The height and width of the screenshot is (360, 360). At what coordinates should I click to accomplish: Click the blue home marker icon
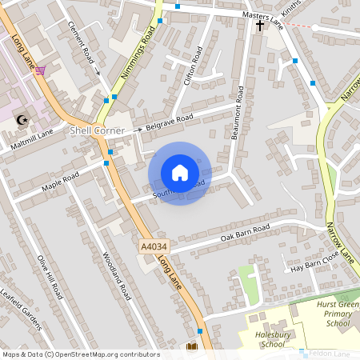180,173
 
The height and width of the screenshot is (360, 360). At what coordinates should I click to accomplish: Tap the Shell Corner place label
98,130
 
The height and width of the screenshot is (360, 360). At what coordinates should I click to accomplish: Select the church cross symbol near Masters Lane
259,25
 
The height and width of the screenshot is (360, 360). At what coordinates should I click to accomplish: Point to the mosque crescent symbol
22,120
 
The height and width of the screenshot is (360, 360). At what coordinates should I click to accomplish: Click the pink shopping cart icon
40,70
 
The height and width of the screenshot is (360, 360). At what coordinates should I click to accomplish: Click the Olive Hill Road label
50,277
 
